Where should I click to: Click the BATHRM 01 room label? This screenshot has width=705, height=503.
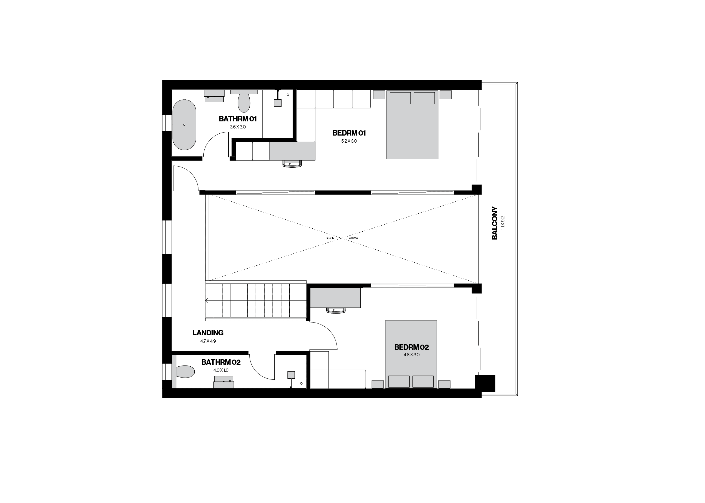tap(238, 119)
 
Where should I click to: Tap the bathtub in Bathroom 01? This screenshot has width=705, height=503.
tap(184, 125)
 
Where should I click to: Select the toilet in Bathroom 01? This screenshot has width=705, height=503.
tap(244, 103)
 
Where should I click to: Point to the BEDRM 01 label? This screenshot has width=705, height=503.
tap(349, 133)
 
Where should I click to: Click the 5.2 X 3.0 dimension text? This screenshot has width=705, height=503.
tap(349, 141)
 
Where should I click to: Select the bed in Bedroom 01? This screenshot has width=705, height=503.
tap(412, 125)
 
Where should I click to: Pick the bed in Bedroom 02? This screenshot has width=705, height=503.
tap(411, 354)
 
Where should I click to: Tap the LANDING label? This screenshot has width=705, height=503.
tap(208, 333)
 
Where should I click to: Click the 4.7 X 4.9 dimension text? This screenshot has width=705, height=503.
tap(208, 341)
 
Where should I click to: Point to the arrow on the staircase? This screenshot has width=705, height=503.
tap(207, 301)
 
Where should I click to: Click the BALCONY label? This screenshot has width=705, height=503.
tap(495, 223)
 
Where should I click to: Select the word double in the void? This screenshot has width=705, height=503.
tap(330, 238)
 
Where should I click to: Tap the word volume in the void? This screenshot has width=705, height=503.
tap(353, 238)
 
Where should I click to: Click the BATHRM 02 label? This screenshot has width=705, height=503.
tap(221, 362)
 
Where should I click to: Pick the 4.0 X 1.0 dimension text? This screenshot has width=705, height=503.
tap(221, 370)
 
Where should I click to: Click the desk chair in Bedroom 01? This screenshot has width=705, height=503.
tap(292, 164)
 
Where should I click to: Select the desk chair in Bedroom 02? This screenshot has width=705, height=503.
tap(336, 310)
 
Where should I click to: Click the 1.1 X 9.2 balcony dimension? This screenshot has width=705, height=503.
tap(503, 223)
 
